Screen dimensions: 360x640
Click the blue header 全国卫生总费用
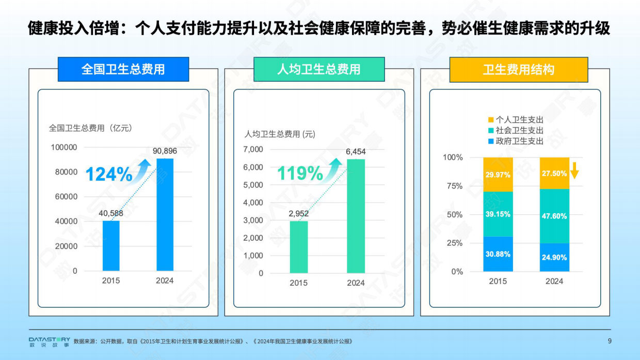[123, 69]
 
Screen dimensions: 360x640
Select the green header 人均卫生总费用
[319, 69]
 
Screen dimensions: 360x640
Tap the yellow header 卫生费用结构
[518, 70]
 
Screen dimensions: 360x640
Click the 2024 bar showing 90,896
[165, 214]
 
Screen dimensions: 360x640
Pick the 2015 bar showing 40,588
[111, 246]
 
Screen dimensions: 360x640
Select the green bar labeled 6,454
[356, 216]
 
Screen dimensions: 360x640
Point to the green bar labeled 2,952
[299, 247]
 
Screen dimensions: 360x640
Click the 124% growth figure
[109, 175]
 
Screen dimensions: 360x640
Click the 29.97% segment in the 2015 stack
[498, 175]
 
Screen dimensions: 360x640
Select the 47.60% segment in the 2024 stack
[554, 216]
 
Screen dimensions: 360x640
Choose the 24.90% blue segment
[554, 257]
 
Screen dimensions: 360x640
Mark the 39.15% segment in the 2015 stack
[498, 214]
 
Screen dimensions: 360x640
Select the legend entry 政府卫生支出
[515, 141]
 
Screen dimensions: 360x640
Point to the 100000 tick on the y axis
[64, 147]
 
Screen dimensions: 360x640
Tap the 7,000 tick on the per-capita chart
[253, 149]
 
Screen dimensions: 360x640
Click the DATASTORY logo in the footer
[49, 341]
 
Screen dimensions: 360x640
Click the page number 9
[610, 341]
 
